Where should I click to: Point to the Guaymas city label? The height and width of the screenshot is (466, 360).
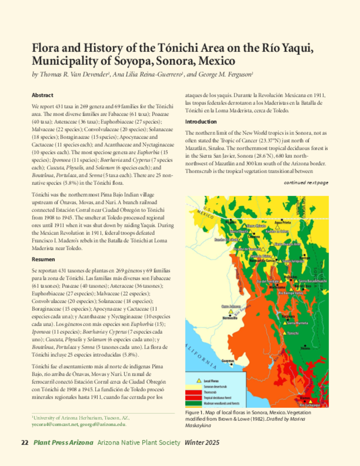point(228,361)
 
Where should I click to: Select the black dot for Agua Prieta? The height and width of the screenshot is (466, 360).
point(282,219)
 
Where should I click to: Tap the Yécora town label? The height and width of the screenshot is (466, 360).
point(305,348)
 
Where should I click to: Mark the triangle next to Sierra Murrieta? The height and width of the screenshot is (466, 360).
point(284,323)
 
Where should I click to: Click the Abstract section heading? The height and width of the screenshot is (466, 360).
point(42,95)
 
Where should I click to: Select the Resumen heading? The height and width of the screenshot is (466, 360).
point(43,259)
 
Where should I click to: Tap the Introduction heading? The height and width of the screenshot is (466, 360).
point(201,122)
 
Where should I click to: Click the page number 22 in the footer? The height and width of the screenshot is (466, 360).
point(25,443)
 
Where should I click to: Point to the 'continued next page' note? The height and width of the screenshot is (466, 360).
point(306,183)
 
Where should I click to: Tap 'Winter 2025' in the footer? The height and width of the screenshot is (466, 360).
point(202,443)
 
